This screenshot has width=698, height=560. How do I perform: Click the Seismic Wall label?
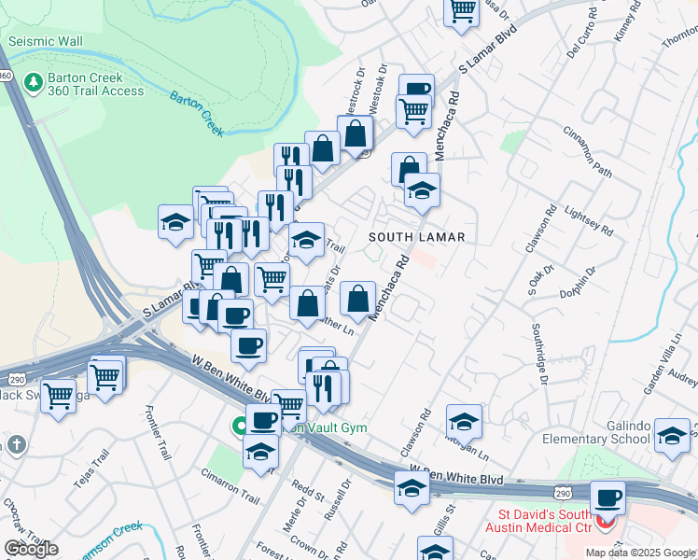pyautogui.click(x=46, y=42)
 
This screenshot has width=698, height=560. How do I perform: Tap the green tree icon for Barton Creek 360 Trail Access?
pyautogui.click(x=35, y=83)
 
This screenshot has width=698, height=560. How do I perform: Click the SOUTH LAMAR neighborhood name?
pyautogui.click(x=416, y=237)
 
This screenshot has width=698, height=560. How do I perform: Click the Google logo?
pyautogui.click(x=32, y=549)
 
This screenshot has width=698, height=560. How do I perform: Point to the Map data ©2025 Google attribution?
pyautogui.click(x=640, y=553)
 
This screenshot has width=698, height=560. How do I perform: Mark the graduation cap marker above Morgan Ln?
pyautogui.click(x=464, y=421)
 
